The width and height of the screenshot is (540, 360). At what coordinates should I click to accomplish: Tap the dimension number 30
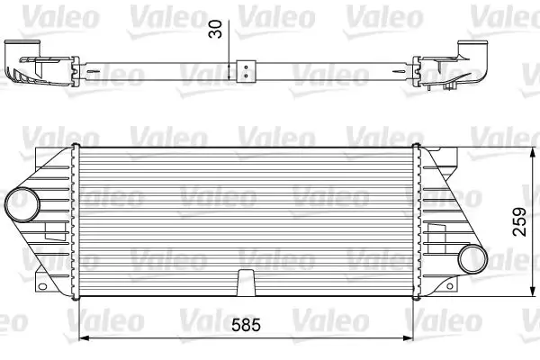(x=213, y=30)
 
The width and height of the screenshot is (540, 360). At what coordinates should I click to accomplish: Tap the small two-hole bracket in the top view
(x=246, y=67)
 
